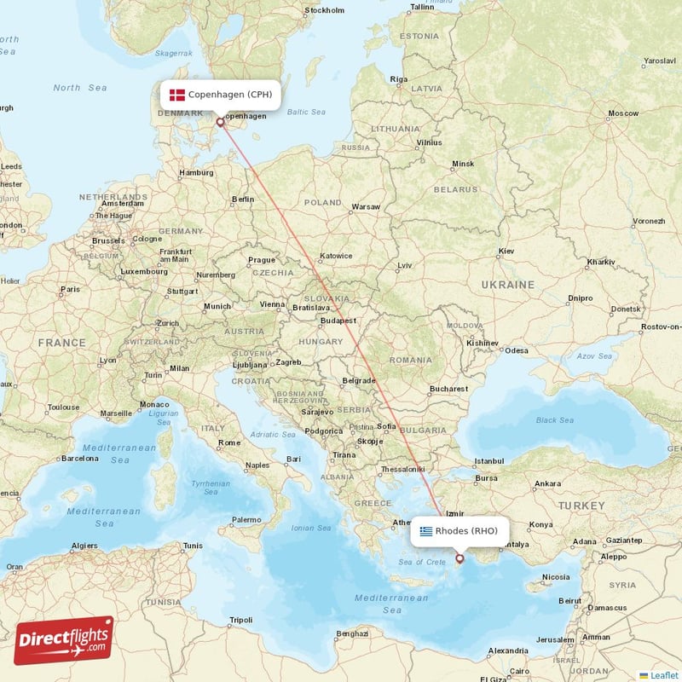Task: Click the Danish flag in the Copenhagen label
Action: pyautogui.click(x=176, y=95)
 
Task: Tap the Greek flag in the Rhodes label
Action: pyautogui.click(x=425, y=531)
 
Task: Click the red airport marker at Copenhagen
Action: pyautogui.click(x=220, y=122)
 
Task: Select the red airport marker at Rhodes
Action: pyautogui.click(x=460, y=559)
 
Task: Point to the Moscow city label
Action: pyautogui.click(x=622, y=113)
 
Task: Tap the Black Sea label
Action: pyautogui.click(x=554, y=419)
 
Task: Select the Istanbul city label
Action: pyautogui.click(x=489, y=460)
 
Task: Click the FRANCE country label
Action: pyautogui.click(x=61, y=343)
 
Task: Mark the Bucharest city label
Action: pyautogui.click(x=449, y=389)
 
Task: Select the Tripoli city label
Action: pyautogui.click(x=240, y=619)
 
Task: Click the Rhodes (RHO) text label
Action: pyautogui.click(x=466, y=531)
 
